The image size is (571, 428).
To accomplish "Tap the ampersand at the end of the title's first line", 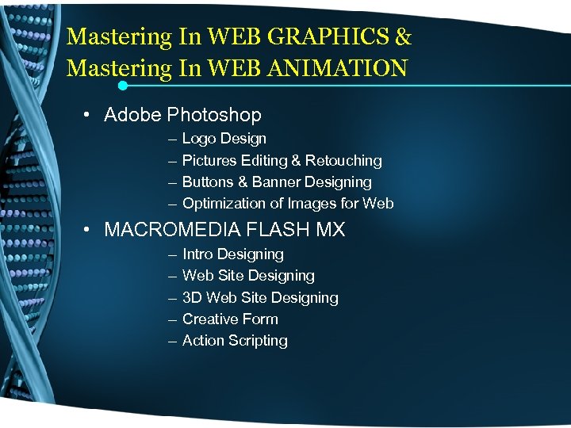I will (403, 37).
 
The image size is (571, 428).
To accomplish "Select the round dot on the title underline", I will (123, 85).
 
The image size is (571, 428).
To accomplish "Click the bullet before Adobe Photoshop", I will (86, 116).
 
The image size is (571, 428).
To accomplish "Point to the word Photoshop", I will (214, 116).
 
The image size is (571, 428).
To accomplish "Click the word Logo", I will (198, 139).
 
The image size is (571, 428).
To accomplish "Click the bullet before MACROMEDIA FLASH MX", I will (86, 231).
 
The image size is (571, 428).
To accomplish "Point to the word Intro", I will (197, 254).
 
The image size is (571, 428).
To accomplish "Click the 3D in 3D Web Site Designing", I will (192, 298).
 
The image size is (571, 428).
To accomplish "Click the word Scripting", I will (258, 341).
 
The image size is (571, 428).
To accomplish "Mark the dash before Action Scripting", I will (173, 341).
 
